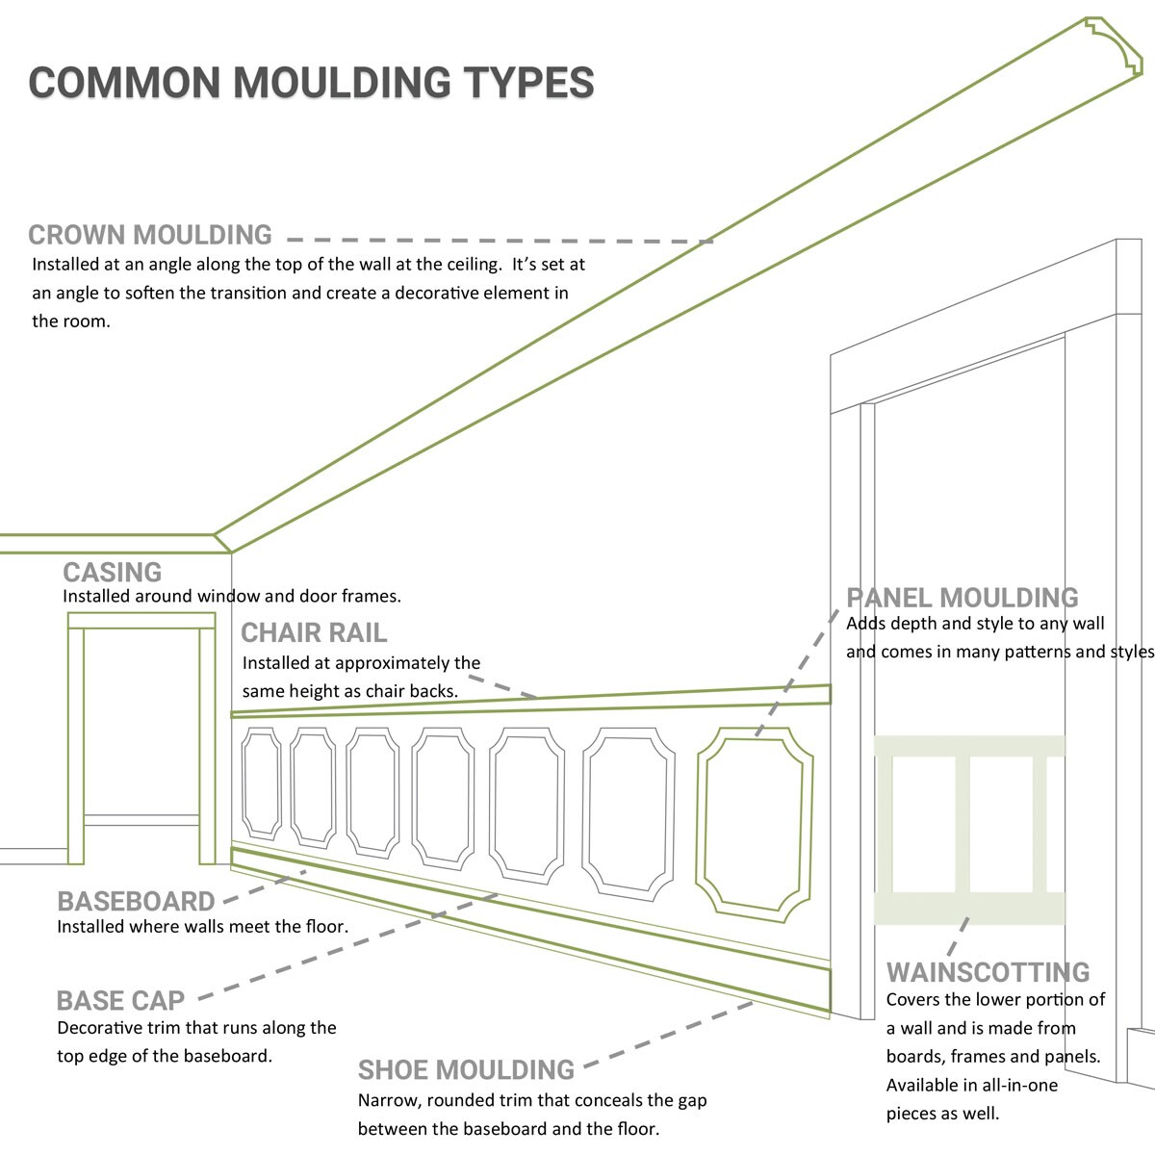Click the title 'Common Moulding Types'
click(x=311, y=82)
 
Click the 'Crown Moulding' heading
click(x=150, y=235)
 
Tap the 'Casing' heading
click(x=112, y=572)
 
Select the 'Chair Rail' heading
click(x=313, y=632)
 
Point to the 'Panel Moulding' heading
click(x=962, y=598)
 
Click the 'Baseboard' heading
click(x=136, y=901)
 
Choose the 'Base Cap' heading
click(x=120, y=1000)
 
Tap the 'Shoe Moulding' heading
click(x=466, y=1069)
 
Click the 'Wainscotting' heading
click(x=988, y=971)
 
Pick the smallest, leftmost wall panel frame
click(x=261, y=783)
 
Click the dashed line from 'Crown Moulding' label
click(x=500, y=240)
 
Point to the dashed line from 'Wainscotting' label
click(x=958, y=937)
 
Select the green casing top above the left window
click(x=141, y=621)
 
